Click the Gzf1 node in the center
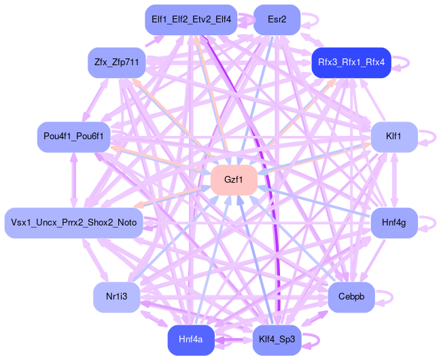tap(233, 180)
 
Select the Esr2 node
tap(277, 20)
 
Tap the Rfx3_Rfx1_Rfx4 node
tap(351, 62)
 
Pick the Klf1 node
tap(393, 137)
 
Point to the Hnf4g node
tap(393, 222)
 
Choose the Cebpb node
tap(351, 298)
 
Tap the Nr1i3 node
tap(116, 297)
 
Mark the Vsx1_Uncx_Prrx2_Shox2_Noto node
tap(73, 223)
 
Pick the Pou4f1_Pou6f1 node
tap(73, 137)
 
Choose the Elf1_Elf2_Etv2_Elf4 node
tap(191, 20)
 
